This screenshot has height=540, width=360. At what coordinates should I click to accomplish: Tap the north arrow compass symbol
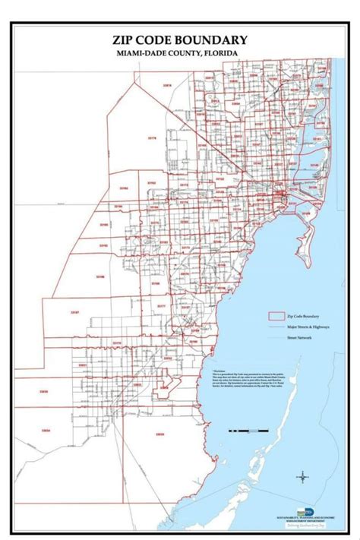click(302, 477)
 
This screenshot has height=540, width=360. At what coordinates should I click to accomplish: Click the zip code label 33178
click(152, 138)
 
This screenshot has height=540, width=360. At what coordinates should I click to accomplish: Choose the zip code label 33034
click(46, 431)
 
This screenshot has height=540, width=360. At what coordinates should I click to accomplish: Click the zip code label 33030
click(44, 392)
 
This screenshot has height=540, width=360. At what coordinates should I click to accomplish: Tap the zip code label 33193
click(103, 245)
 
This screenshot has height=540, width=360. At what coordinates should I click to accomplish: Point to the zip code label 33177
click(161, 305)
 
